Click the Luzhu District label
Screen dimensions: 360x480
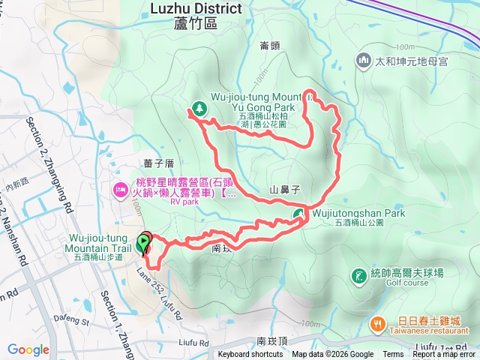(x=196, y=9)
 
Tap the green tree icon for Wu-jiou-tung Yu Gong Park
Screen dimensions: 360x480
(x=199, y=108)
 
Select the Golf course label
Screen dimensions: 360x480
(x=407, y=283)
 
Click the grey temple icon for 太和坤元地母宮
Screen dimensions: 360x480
(x=364, y=59)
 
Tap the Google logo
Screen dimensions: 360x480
(x=28, y=349)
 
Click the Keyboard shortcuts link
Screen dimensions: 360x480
(x=250, y=355)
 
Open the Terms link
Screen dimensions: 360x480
(x=393, y=355)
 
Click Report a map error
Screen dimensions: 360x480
(x=445, y=355)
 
